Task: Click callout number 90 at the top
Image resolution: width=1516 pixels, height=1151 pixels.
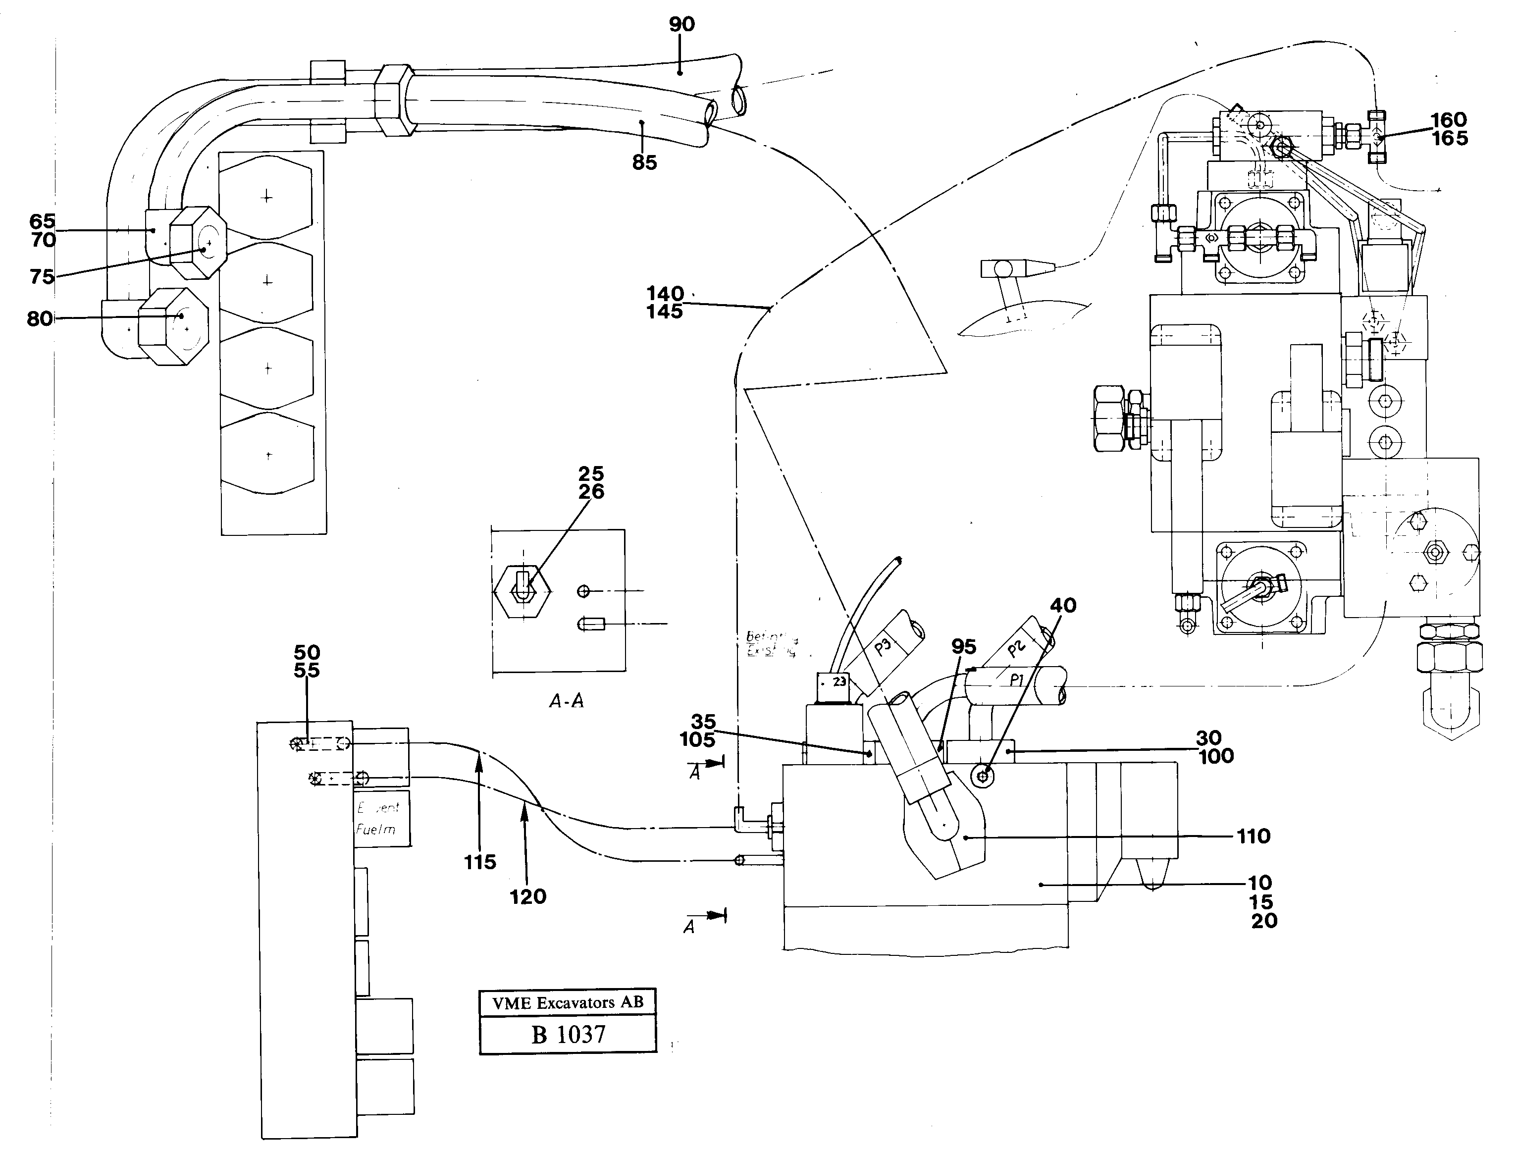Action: point(681,25)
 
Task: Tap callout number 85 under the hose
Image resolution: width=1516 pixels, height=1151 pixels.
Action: point(644,162)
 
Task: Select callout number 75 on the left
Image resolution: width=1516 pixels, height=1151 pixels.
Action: point(42,277)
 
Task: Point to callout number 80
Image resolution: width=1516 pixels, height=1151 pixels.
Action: point(40,319)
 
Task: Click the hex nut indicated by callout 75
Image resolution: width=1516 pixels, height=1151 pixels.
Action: point(198,243)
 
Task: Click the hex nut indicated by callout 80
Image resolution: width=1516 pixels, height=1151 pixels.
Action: point(173,326)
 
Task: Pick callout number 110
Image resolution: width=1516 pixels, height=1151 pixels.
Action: point(1253,837)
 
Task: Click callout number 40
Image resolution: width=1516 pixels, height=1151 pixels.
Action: point(1063,605)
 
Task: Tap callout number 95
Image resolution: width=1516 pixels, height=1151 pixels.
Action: point(964,646)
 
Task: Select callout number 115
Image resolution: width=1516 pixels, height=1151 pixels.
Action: point(480,862)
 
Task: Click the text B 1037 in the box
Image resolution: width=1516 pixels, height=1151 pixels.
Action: point(568,1035)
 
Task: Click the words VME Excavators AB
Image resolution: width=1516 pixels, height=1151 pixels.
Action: point(568,1003)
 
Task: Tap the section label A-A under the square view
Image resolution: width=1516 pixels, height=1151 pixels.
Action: point(567,701)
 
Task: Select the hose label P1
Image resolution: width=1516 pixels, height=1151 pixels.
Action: point(1017,680)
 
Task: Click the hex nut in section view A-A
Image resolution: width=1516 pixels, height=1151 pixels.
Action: point(522,591)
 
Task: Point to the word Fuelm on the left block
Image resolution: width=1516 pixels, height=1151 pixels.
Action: point(375,830)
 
